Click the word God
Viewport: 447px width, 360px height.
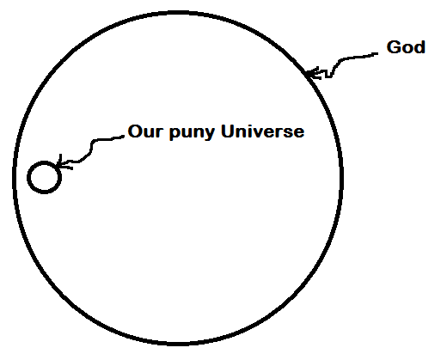[406, 47]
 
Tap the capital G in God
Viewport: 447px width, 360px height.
[393, 47]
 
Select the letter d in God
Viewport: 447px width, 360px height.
[419, 47]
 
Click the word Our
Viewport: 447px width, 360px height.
[146, 131]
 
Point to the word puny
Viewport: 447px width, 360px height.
[192, 133]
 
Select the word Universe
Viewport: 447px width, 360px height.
[262, 131]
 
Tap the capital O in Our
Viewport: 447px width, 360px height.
[135, 131]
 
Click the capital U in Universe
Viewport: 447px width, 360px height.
[227, 131]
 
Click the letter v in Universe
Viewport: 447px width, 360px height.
[257, 133]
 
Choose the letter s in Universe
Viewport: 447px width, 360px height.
[288, 133]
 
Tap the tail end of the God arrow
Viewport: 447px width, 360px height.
[377, 53]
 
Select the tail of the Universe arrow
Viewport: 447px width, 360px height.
[123, 137]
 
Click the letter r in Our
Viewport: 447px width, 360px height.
[162, 133]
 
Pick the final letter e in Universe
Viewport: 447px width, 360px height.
[299, 133]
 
